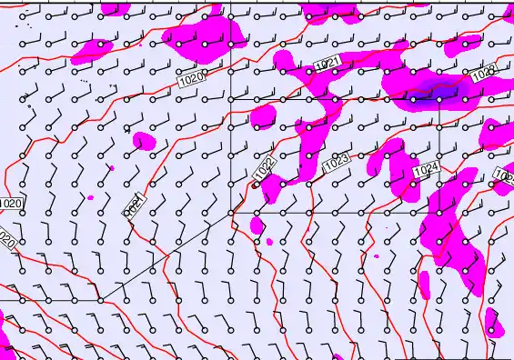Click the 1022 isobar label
coord(265,168)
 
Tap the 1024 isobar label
coord(426,170)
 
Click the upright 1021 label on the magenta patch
coord(328,63)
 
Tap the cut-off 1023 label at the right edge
coord(504,174)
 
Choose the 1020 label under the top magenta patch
coord(192,80)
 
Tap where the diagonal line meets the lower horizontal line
coord(99,299)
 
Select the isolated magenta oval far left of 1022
coord(144,141)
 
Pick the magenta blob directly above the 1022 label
coord(265,116)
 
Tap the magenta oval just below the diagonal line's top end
coord(257,225)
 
